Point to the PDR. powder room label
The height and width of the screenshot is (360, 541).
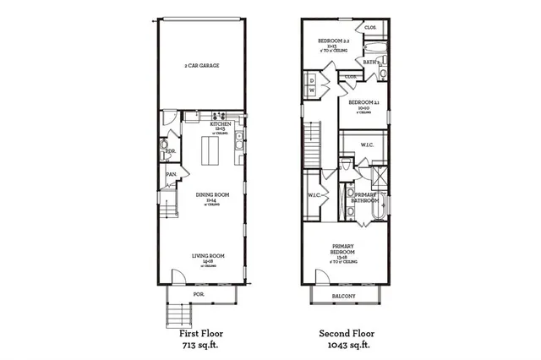[x=170, y=152]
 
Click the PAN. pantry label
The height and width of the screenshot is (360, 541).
[x=171, y=175]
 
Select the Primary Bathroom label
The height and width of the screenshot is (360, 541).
[x=364, y=198]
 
